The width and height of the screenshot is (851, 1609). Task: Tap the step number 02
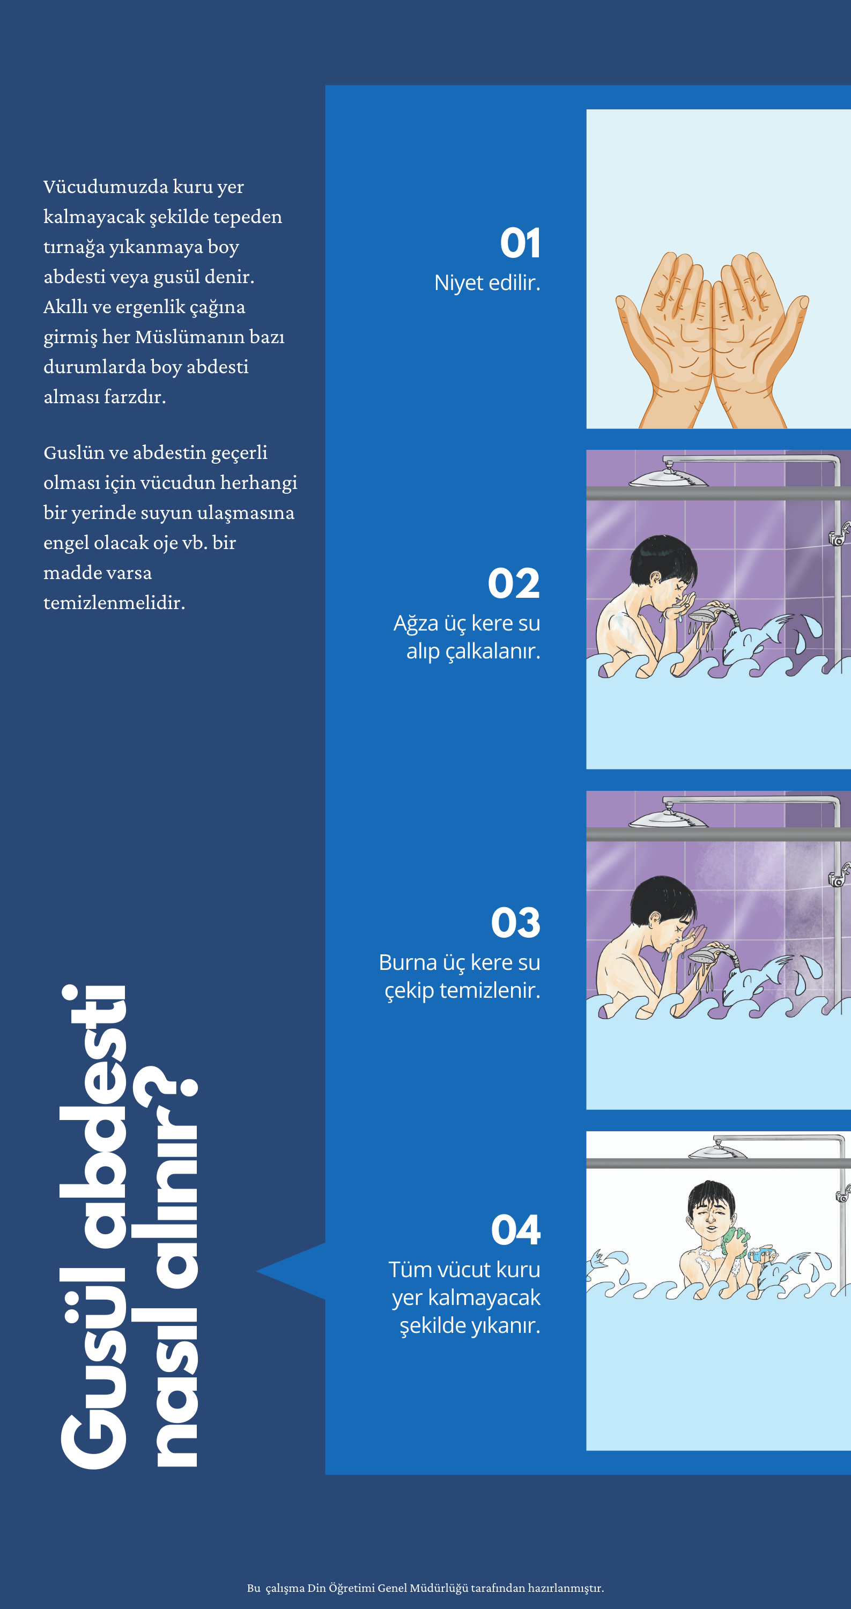click(x=514, y=583)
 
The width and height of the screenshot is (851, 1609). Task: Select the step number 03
click(x=515, y=923)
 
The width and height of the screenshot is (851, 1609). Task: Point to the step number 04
click(x=515, y=1230)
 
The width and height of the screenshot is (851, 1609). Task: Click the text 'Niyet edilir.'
click(x=487, y=283)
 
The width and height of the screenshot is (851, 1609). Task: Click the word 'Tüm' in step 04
click(x=406, y=1270)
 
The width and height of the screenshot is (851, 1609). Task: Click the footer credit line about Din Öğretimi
click(x=426, y=1588)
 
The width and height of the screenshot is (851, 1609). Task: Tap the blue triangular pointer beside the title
click(x=294, y=1271)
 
